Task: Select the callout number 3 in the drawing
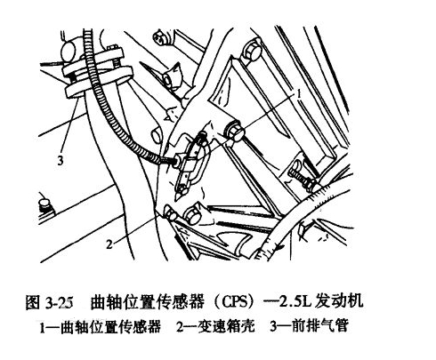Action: tap(60, 161)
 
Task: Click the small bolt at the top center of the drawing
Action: tap(160, 38)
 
